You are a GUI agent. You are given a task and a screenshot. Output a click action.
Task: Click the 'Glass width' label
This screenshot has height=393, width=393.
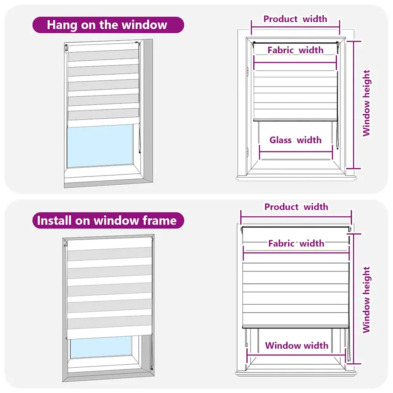point(296,140)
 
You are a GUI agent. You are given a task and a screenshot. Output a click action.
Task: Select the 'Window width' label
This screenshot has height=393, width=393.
point(297,345)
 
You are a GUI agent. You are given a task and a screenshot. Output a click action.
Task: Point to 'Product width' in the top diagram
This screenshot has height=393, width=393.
point(295,19)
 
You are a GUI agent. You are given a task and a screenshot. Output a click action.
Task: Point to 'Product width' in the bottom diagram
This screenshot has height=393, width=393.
point(296,207)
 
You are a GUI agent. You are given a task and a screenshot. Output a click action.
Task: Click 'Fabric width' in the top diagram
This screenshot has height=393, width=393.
point(296,50)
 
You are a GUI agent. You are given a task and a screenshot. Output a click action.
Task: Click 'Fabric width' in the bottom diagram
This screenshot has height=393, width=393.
point(296,243)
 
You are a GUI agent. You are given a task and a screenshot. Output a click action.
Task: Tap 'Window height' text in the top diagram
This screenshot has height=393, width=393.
point(366,103)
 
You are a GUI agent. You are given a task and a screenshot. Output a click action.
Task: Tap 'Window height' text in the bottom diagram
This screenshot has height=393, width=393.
point(366,300)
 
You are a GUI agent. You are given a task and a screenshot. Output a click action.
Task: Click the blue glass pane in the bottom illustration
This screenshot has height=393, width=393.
point(101,347)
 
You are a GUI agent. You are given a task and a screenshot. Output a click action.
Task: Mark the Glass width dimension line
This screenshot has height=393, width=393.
point(296,152)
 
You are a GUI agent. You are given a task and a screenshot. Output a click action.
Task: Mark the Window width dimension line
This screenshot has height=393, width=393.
point(297,355)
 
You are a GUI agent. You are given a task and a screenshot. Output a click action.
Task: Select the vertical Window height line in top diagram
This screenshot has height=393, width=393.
point(353,105)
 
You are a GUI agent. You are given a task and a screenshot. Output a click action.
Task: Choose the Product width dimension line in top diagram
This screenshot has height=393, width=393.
point(296,27)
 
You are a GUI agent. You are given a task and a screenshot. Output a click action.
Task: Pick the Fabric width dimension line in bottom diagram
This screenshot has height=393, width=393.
point(296,253)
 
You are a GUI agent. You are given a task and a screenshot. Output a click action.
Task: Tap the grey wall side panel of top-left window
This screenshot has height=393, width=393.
point(147,110)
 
